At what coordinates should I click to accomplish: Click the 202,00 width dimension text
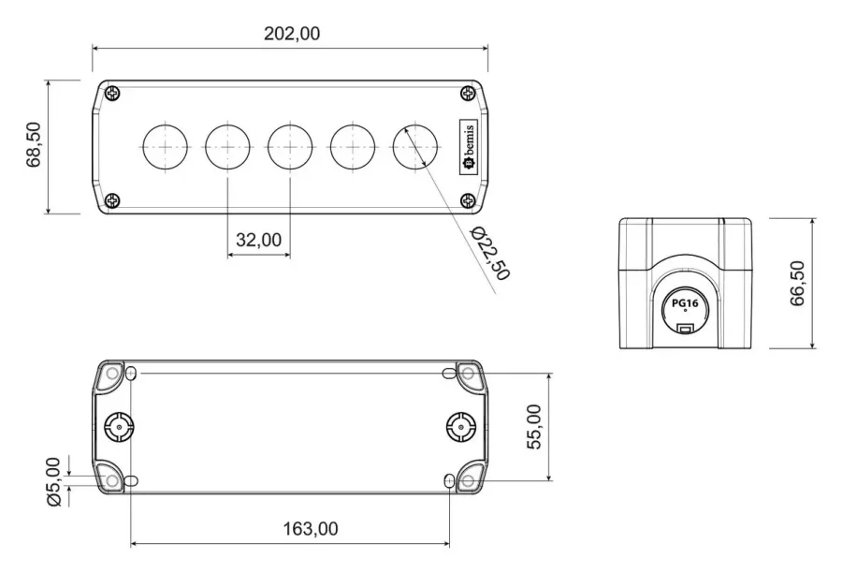pos(292,34)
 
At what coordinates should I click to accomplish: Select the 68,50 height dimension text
pos(34,145)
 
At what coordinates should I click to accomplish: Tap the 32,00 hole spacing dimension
pos(259,240)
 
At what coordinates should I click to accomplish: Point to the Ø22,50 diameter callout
pos(489,253)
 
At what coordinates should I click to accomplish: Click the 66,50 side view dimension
pos(798,284)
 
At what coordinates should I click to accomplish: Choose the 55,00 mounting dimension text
pos(534,427)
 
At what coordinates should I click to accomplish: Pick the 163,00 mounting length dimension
pos(311,529)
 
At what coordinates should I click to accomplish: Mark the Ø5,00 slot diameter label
pos(54,481)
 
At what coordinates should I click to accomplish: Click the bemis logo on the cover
pos(469,146)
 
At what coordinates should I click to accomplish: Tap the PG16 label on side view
pos(685,303)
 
